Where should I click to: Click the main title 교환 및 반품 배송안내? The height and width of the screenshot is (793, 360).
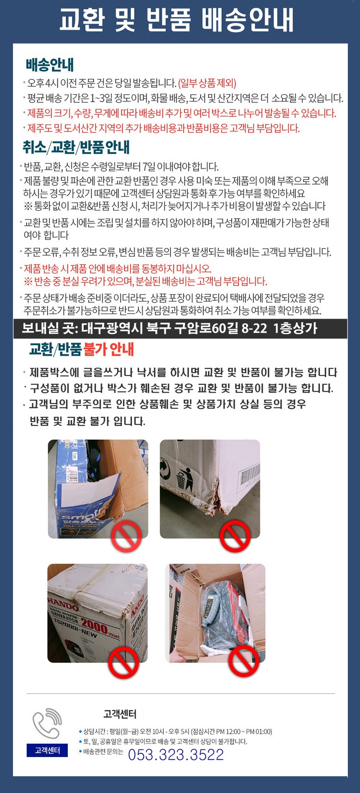(x=176, y=20)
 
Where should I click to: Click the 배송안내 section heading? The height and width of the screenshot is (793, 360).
(x=50, y=65)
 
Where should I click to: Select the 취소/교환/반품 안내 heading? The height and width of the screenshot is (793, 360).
(x=76, y=147)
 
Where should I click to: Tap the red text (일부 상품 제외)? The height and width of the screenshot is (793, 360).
(x=207, y=83)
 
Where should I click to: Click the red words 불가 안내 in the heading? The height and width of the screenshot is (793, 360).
(x=108, y=349)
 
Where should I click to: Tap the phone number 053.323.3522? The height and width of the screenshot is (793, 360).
(x=176, y=754)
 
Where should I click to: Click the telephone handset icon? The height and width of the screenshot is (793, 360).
(x=47, y=723)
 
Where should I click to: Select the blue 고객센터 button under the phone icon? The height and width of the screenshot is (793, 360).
(x=47, y=751)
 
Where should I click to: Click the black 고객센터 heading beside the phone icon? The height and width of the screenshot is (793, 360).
(x=120, y=714)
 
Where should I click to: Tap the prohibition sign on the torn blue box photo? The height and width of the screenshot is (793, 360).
(x=126, y=536)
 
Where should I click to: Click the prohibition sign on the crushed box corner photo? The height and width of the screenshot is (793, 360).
(x=235, y=536)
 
